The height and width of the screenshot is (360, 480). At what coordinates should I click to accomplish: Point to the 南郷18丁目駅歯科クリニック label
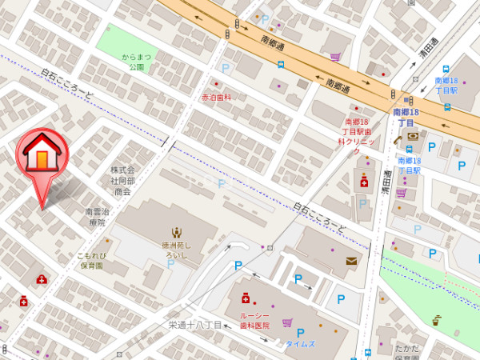[353, 135]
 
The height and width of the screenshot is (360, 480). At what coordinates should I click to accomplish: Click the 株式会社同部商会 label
[122, 181]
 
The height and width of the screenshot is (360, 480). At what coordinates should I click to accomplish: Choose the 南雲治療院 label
[95, 217]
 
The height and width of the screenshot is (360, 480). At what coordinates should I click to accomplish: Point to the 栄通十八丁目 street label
[195, 325]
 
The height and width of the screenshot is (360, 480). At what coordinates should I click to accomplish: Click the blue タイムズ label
[301, 344]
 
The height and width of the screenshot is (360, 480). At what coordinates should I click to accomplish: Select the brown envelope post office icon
[353, 261]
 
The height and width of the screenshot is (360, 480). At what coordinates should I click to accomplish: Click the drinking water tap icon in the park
[436, 321]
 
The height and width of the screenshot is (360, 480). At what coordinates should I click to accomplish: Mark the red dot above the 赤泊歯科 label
[214, 83]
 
